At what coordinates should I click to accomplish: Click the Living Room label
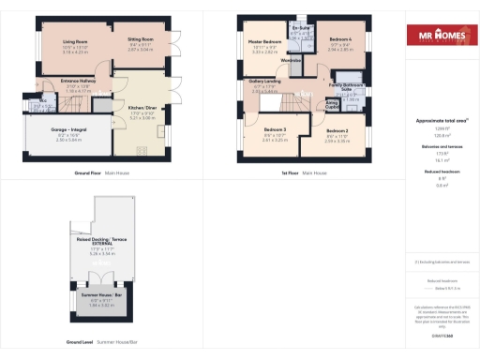pos(74,42)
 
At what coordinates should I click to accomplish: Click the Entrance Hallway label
pos(76,82)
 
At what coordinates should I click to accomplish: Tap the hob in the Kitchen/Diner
pos(142,151)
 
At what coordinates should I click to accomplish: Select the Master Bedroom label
pos(265,42)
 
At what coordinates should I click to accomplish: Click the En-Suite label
pos(302,29)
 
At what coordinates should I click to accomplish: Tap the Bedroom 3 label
pos(275,127)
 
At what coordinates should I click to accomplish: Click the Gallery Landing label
pos(265,82)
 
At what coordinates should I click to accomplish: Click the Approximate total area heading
pos(441,122)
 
